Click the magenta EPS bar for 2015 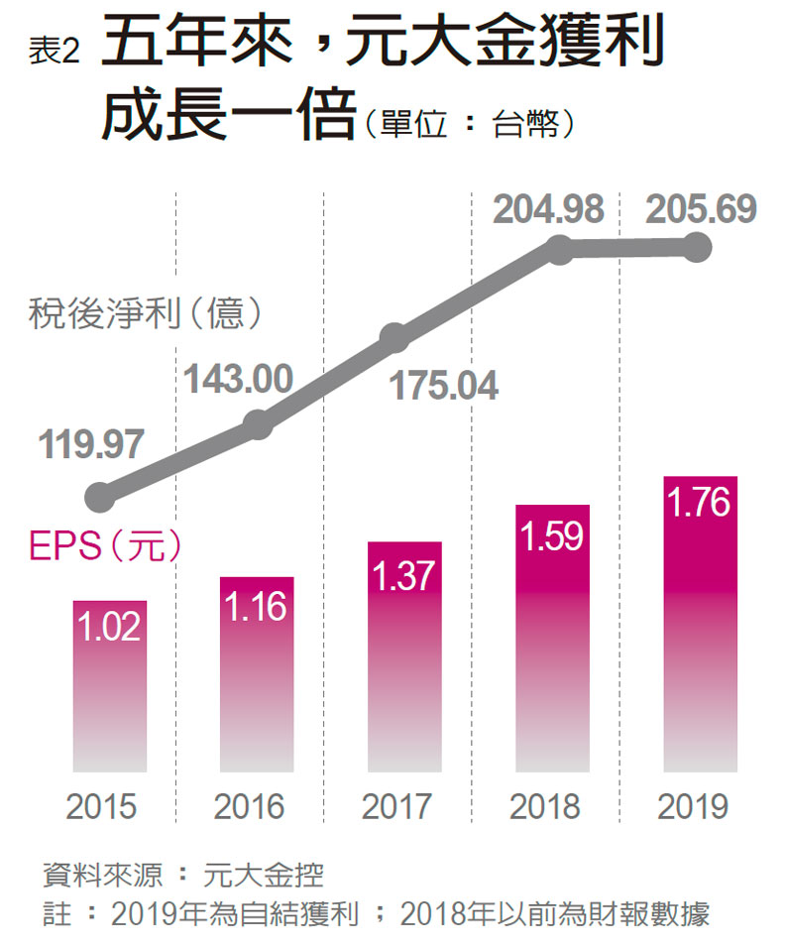point(109,684)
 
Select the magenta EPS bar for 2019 point(699,625)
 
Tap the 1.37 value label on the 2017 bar point(403,576)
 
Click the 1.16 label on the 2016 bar point(256,608)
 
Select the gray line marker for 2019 point(698,247)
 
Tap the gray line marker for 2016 point(257,424)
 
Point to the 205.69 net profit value point(701,209)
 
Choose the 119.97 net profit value point(91,445)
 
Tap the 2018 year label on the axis point(545,806)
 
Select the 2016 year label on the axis point(250,806)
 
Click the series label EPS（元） point(105,547)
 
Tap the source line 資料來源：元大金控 point(183,875)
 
